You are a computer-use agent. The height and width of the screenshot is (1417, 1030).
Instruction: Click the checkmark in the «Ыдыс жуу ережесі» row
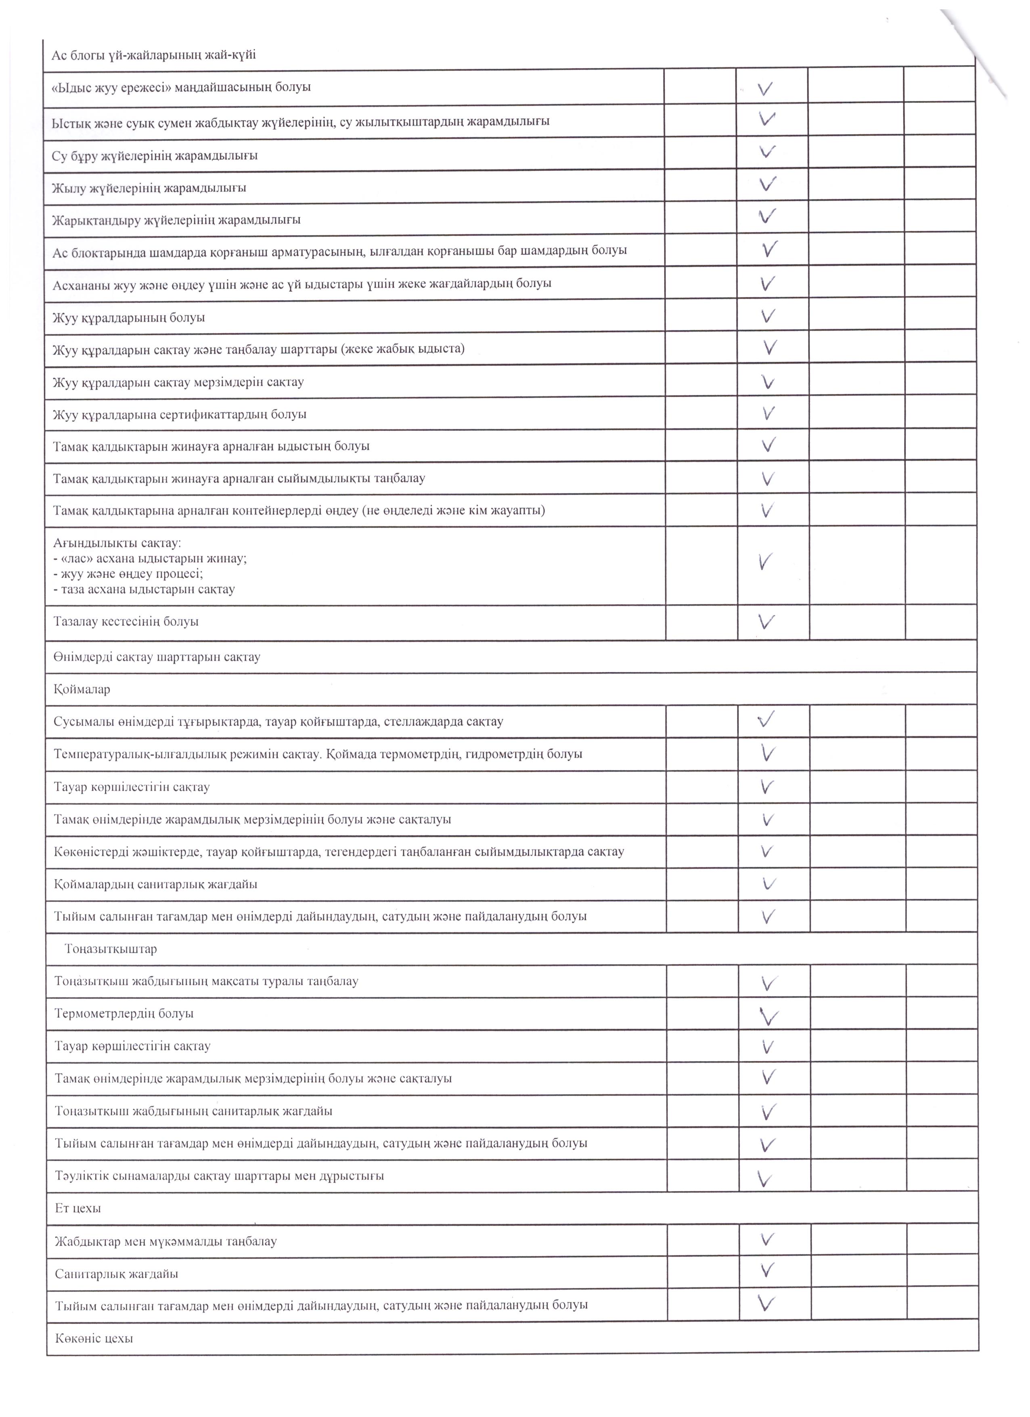(766, 88)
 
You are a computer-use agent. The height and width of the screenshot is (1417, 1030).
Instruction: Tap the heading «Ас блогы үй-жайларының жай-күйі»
(154, 55)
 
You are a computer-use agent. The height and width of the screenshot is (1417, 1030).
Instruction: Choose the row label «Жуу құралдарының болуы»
(129, 317)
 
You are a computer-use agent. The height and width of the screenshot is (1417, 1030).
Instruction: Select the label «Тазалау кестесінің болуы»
(126, 622)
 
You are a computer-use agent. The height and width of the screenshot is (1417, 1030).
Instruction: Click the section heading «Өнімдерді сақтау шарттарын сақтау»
(157, 657)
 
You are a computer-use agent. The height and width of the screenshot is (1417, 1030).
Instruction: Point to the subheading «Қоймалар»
(82, 690)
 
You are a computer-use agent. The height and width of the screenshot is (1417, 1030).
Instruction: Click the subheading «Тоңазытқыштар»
(111, 949)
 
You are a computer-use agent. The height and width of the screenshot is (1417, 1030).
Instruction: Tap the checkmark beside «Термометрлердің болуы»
(769, 1015)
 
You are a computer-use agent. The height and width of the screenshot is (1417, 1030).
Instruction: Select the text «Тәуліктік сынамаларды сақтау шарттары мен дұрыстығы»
(219, 1176)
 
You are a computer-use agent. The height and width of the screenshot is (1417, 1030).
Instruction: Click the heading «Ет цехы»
(77, 1208)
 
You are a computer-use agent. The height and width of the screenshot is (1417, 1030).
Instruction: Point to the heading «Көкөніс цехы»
(94, 1338)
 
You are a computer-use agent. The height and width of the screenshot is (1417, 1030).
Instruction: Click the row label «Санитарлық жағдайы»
(116, 1273)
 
